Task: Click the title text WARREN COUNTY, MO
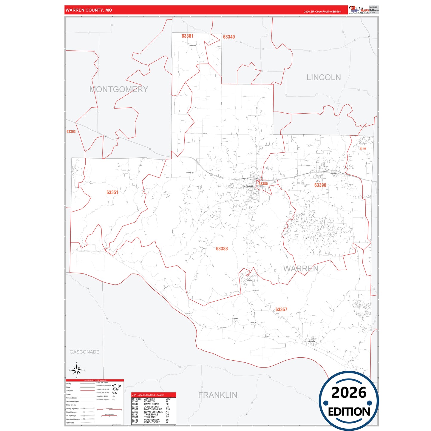(89, 10)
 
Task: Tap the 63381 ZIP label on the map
(187, 36)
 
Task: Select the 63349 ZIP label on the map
(229, 37)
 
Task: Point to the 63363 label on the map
(71, 132)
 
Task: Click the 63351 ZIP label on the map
(112, 192)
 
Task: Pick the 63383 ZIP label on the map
(222, 249)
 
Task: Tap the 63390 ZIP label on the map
(320, 185)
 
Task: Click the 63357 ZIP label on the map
(281, 310)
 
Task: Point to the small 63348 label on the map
(363, 149)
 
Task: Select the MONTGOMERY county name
(119, 89)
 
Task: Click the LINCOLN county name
(323, 78)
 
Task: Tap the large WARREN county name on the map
(301, 269)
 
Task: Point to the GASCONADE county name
(84, 352)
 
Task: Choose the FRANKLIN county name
(218, 395)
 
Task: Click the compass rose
(77, 370)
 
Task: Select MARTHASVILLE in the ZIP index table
(153, 409)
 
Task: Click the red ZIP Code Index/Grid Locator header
(154, 395)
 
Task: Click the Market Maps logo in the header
(359, 10)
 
